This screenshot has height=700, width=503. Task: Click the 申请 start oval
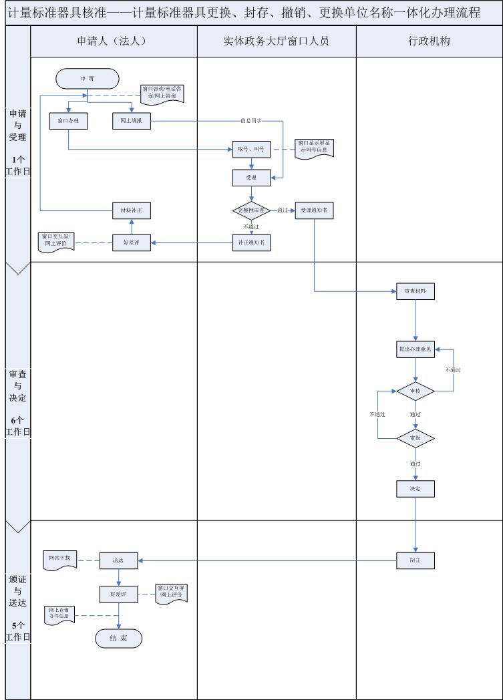88,78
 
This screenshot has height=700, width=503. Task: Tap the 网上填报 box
131,121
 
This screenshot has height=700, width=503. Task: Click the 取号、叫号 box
251,150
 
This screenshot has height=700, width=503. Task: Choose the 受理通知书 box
314,210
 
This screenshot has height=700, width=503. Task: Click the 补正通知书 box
251,242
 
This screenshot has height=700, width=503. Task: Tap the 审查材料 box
415,292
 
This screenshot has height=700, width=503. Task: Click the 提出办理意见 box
415,349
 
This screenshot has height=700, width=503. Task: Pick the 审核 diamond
415,391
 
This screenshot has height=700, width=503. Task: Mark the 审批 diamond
415,438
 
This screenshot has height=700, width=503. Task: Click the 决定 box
415,489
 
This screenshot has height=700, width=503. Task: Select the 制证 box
415,560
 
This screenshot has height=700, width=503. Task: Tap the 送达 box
119,560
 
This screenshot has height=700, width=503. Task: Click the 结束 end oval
118,639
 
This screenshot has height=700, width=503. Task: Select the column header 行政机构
429,41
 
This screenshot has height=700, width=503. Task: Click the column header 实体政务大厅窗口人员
277,41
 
